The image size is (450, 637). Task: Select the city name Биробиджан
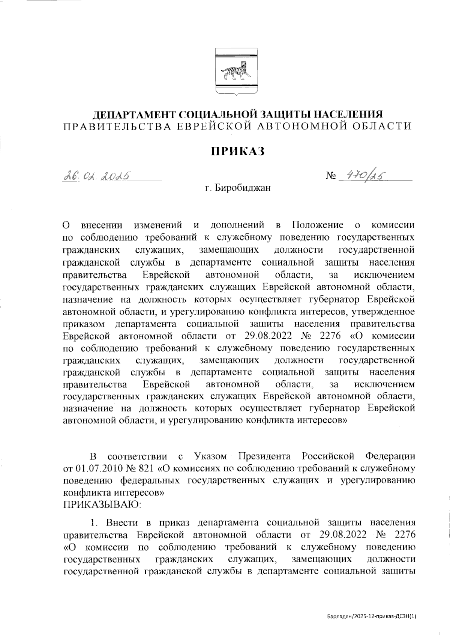tap(243, 188)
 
